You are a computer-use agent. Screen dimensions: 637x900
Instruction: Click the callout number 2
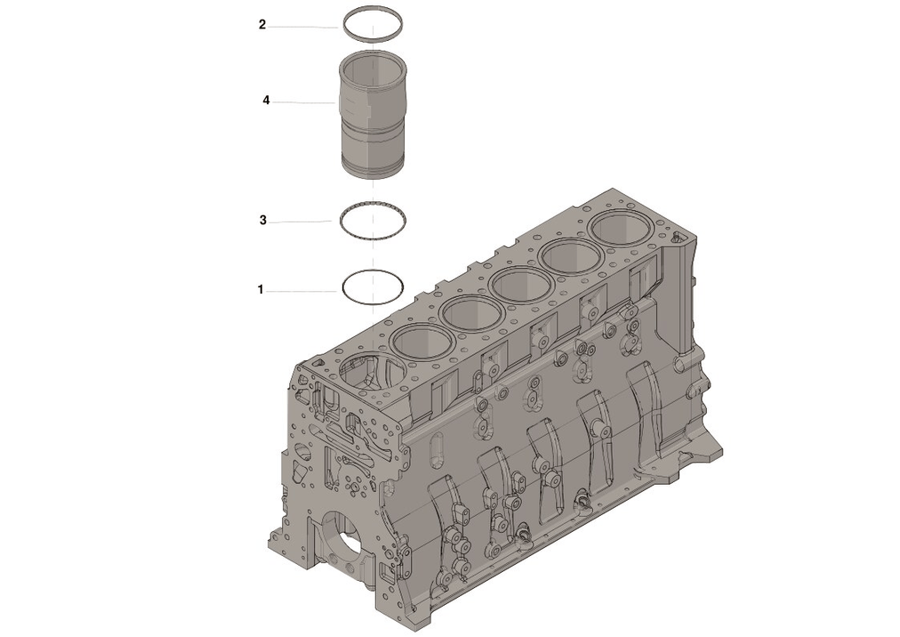(x=262, y=25)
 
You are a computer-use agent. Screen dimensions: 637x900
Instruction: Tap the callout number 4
(x=266, y=101)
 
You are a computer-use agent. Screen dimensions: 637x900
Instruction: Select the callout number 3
(x=262, y=220)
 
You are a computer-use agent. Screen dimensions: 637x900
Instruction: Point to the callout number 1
(x=261, y=289)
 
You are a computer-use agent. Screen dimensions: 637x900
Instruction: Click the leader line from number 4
(x=303, y=102)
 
